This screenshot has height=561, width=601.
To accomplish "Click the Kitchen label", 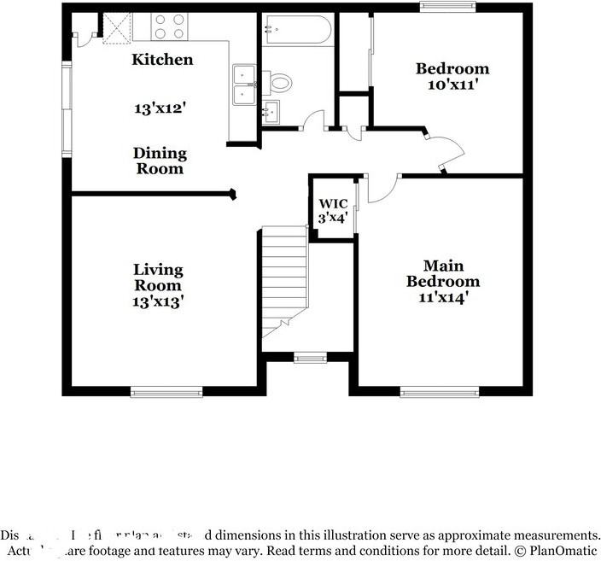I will (x=162, y=60).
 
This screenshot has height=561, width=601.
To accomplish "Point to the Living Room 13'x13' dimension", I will (x=158, y=301).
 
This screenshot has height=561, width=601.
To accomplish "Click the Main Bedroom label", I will (x=442, y=273).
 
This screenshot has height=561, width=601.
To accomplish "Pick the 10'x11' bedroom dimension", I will (x=452, y=85).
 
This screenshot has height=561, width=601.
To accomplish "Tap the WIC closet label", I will (x=332, y=204).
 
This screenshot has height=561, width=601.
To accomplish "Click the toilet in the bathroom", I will (x=279, y=83).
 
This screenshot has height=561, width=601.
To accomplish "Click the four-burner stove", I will (x=169, y=27).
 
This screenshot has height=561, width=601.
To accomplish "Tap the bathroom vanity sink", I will (x=272, y=111).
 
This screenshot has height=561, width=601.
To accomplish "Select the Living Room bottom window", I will (x=166, y=392).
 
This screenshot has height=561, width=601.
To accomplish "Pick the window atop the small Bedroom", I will (x=448, y=7).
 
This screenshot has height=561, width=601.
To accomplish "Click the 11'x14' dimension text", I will (x=442, y=299).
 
